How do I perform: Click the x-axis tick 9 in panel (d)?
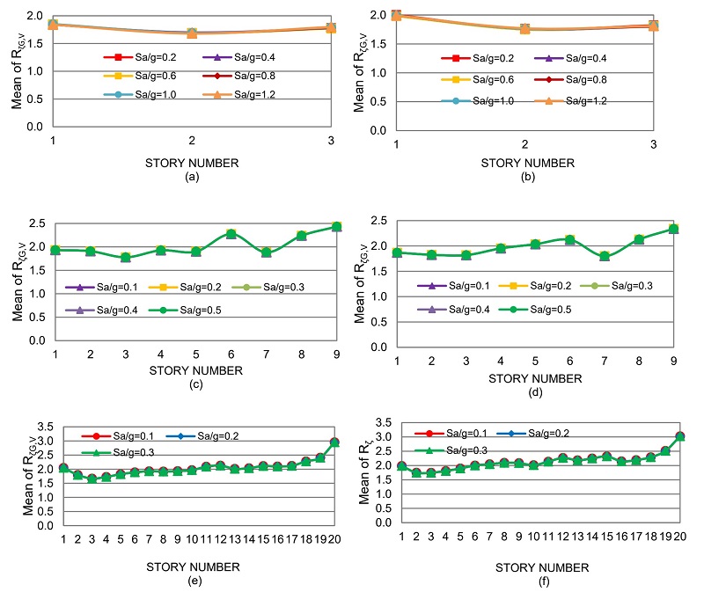(x=673, y=362)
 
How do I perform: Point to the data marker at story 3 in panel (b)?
(x=653, y=26)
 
